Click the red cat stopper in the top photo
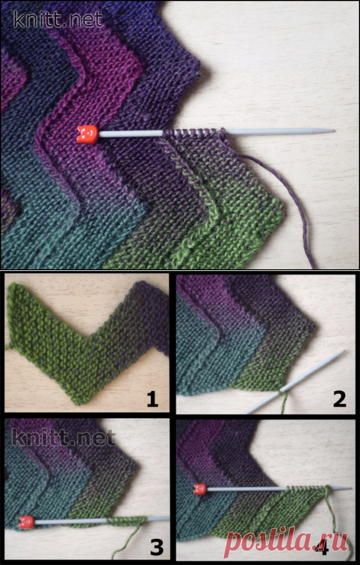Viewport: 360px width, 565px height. pyautogui.click(x=87, y=134)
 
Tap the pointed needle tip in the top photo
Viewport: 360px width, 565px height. pyautogui.click(x=334, y=131)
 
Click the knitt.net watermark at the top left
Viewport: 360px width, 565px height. pyautogui.click(x=58, y=19)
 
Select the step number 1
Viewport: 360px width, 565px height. pyautogui.click(x=152, y=399)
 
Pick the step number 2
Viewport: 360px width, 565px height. pyautogui.click(x=339, y=399)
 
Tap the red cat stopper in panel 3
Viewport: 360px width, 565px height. pyautogui.click(x=26, y=522)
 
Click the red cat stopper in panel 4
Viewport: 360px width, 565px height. pyautogui.click(x=200, y=489)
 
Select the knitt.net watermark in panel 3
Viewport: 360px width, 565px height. pyautogui.click(x=64, y=438)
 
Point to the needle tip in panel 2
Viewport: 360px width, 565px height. pyautogui.click(x=344, y=351)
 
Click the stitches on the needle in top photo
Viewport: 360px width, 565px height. pyautogui.click(x=193, y=132)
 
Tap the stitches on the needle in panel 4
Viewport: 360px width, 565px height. pyautogui.click(x=306, y=488)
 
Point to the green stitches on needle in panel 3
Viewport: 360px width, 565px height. pyautogui.click(x=126, y=519)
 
